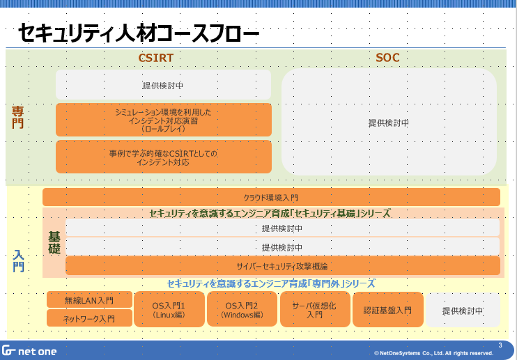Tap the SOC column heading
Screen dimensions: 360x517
coord(388,58)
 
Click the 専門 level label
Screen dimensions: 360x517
coord(18,117)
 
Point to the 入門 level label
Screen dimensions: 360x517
coord(18,260)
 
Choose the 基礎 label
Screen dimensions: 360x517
coord(54,242)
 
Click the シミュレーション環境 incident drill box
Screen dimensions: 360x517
coord(163,120)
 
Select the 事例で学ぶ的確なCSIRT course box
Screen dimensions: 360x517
coord(163,157)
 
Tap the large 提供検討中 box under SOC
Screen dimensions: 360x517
coord(388,123)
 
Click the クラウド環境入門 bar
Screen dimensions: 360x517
coord(271,197)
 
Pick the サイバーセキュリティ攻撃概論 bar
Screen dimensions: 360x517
coord(282,266)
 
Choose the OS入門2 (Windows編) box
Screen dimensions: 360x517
coord(242,310)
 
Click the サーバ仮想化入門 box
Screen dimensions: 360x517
coord(314,310)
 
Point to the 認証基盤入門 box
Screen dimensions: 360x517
coord(388,310)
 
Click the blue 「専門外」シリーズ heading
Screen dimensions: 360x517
coord(271,284)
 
